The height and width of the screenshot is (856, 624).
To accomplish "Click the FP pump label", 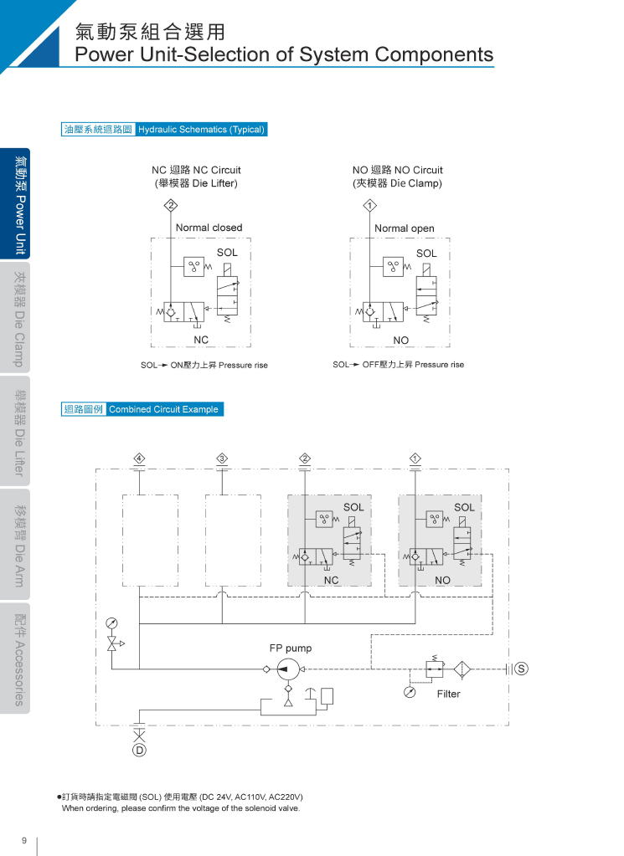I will [290, 648].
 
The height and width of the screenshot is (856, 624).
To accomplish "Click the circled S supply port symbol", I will [521, 669].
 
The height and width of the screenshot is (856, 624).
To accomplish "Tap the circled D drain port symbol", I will [139, 751].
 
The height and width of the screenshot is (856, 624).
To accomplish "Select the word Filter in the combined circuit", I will [448, 694].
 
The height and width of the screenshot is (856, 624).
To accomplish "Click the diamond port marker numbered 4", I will [139, 458].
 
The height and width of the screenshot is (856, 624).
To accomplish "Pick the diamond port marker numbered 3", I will [222, 458].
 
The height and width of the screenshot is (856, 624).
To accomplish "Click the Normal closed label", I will [209, 228].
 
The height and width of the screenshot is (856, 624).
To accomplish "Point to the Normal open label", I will [405, 228].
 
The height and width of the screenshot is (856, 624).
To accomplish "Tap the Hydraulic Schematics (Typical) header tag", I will [201, 129].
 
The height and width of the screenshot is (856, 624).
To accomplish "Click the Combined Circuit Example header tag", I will [164, 409].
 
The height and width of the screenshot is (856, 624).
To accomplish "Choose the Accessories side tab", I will [19, 659].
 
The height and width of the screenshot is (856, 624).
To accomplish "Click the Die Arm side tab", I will [19, 546].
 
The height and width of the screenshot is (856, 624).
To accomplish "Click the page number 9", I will [24, 840].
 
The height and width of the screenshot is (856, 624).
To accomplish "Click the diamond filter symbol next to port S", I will [462, 669].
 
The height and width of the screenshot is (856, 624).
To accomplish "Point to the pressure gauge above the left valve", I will [111, 623].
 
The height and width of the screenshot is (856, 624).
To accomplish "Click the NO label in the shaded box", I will [442, 580].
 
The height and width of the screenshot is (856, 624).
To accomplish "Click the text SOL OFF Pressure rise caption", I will [398, 365].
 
